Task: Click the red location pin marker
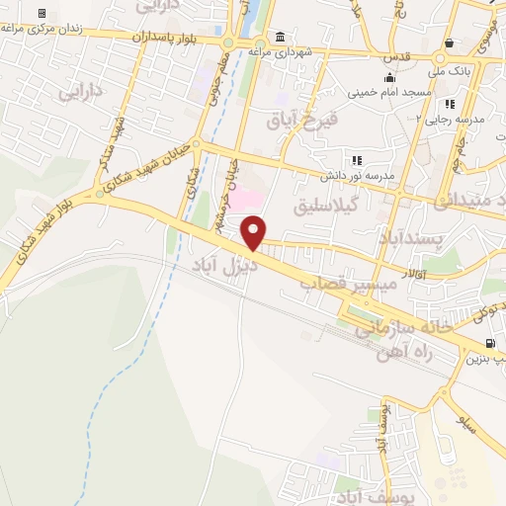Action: point(254,233)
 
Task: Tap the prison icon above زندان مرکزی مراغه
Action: point(42,13)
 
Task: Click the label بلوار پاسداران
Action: point(169,36)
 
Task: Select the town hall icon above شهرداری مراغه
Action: point(281,36)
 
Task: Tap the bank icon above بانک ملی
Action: point(451,42)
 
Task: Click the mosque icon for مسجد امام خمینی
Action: point(389,77)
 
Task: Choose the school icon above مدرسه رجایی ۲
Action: point(451,104)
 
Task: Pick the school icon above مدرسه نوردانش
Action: point(356,159)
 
